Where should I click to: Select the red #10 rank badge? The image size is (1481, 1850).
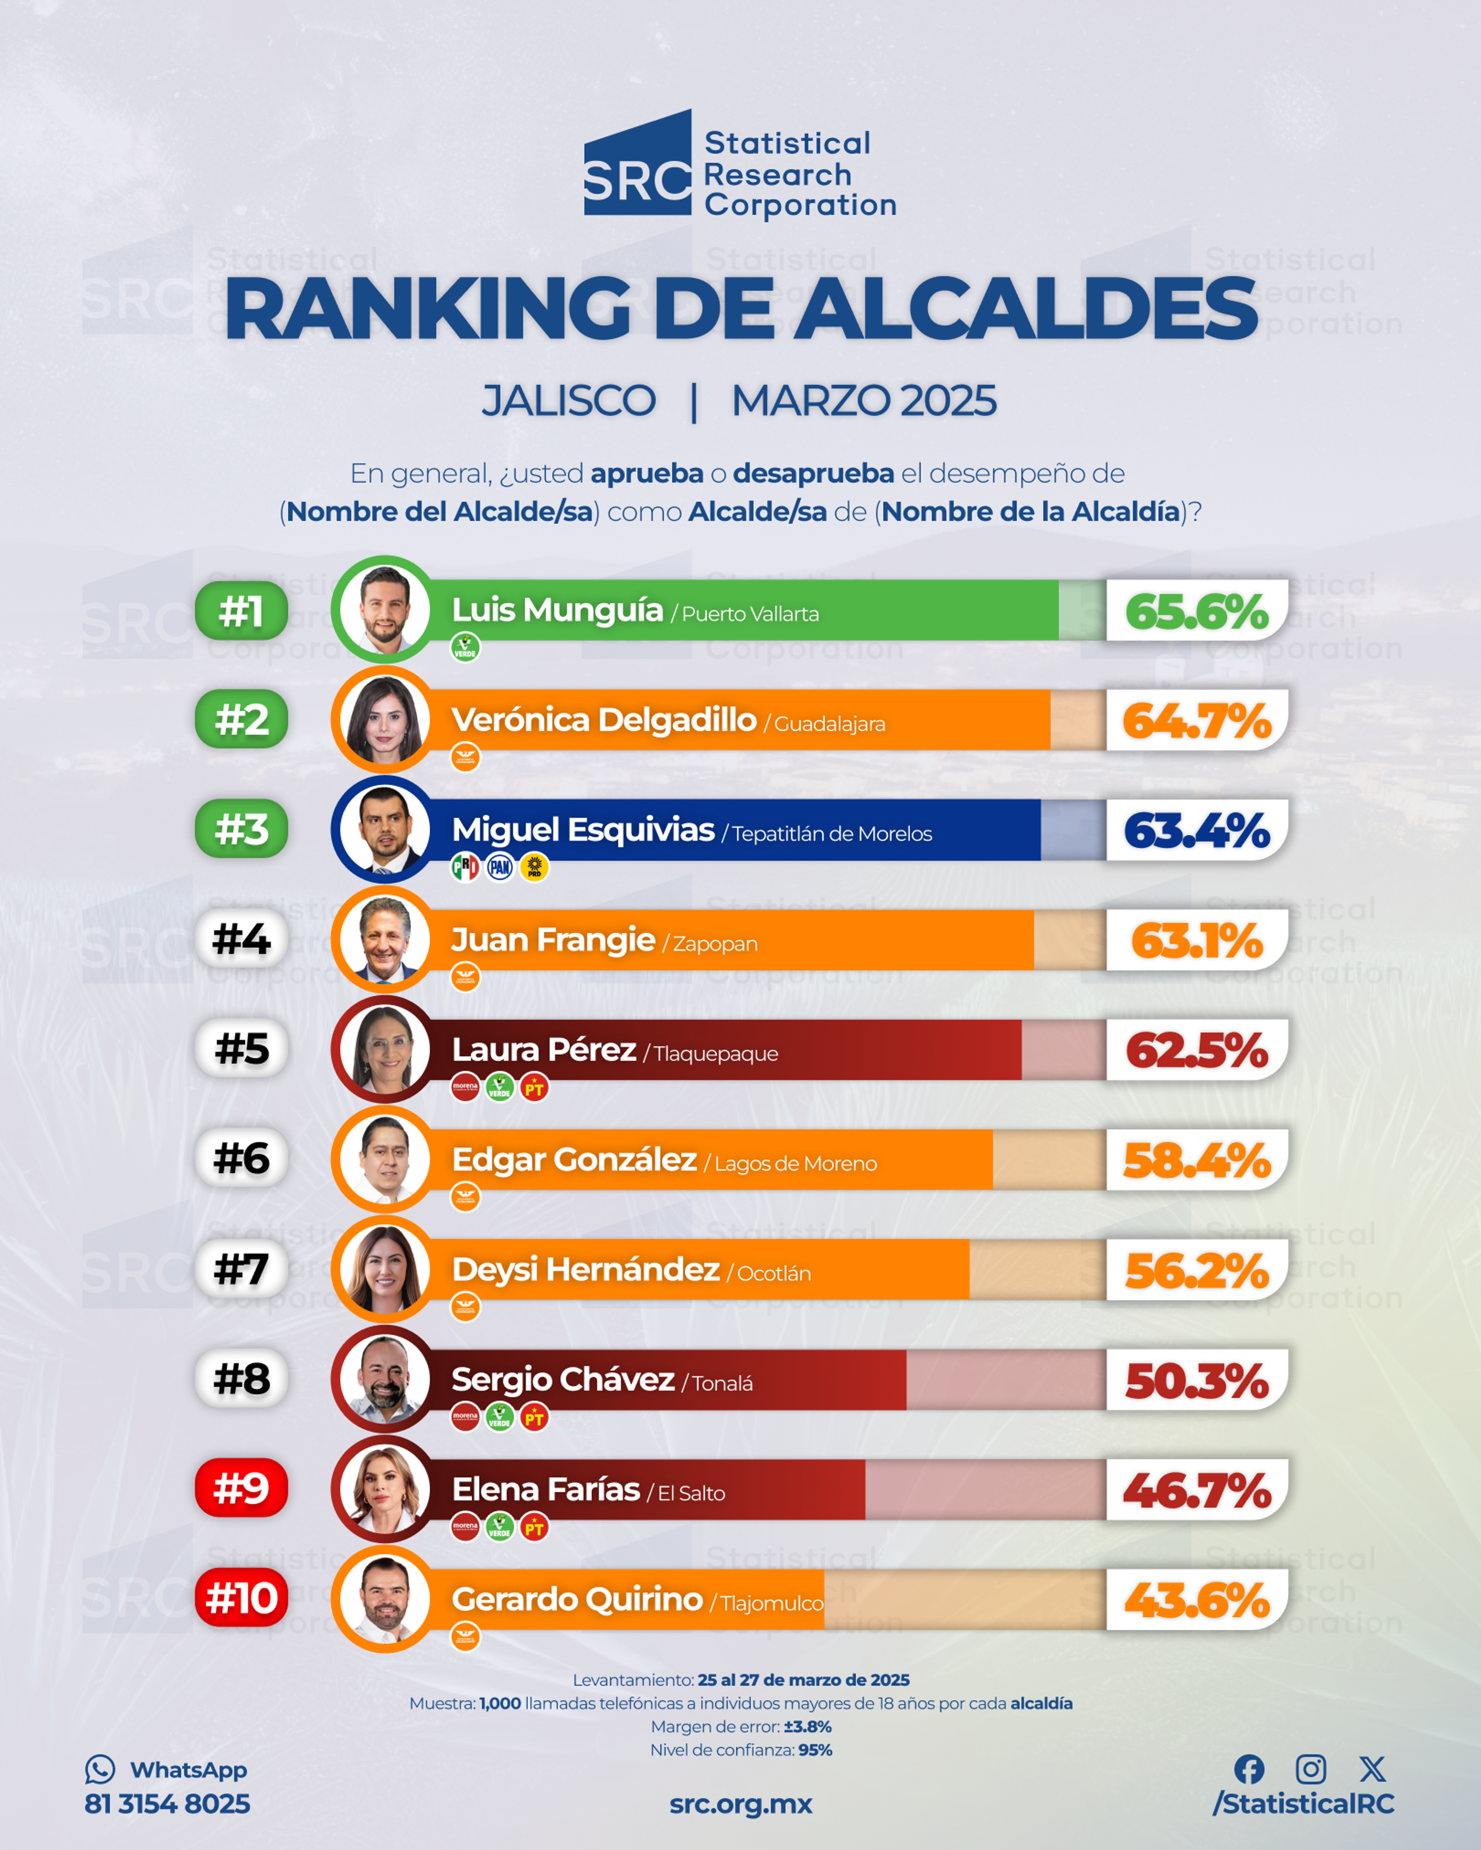coord(241,1598)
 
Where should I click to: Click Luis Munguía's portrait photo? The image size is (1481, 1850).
coord(385,610)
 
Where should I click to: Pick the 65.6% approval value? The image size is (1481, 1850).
coord(1197,612)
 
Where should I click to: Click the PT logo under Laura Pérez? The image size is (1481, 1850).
coord(534,1088)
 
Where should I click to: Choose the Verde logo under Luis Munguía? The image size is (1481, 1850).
coord(466,648)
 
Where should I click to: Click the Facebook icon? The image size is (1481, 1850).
coord(1249,1768)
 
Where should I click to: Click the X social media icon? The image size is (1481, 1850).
coord(1372,1768)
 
